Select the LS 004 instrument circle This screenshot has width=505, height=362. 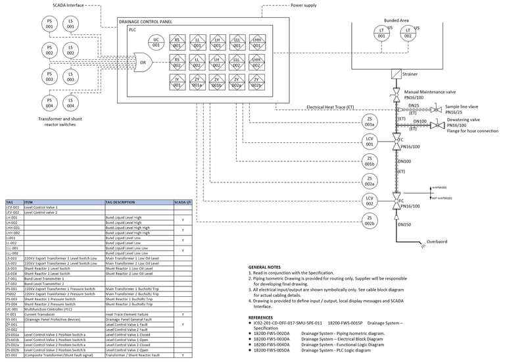(x=70, y=103)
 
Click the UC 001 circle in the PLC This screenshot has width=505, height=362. (x=156, y=43)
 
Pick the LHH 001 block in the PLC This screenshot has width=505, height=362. (x=257, y=43)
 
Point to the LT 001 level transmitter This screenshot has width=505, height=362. (x=382, y=32)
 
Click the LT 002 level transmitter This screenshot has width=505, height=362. (x=408, y=32)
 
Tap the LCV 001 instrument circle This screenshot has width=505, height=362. (x=370, y=141)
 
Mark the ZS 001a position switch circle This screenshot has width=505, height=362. (x=370, y=121)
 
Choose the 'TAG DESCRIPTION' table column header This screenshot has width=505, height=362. (x=124, y=202)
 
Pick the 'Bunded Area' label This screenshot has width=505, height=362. (x=398, y=20)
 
